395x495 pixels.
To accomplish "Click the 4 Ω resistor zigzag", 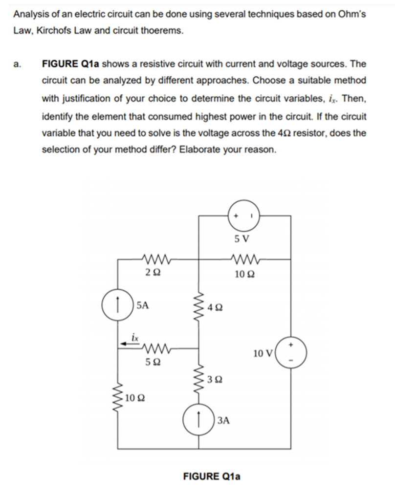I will (198, 308).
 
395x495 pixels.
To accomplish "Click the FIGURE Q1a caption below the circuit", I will (211, 476).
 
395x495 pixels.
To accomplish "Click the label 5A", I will (143, 306).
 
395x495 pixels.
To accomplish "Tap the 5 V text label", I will (242, 239).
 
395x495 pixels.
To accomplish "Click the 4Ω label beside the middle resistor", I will (215, 308).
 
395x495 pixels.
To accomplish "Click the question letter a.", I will (17, 64).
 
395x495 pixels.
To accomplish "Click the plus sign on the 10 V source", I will (292, 345).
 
